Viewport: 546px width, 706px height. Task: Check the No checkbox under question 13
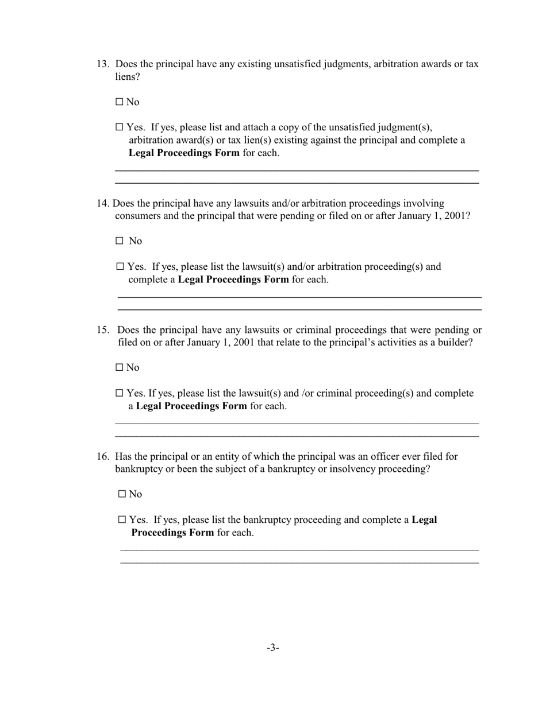pyautogui.click(x=120, y=102)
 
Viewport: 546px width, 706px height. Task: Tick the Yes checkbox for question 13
pyautogui.click(x=120, y=127)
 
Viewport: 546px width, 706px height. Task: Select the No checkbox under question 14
pyautogui.click(x=120, y=241)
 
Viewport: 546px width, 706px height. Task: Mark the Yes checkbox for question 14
pyautogui.click(x=120, y=267)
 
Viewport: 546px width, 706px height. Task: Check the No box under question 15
pyautogui.click(x=120, y=367)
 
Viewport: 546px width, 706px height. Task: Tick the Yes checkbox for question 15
pyautogui.click(x=120, y=394)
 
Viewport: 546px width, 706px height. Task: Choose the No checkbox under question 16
pyautogui.click(x=122, y=494)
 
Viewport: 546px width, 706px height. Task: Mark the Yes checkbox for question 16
pyautogui.click(x=122, y=520)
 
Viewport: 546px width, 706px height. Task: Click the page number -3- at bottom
pyautogui.click(x=273, y=648)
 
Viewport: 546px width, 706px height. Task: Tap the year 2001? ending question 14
pyautogui.click(x=459, y=216)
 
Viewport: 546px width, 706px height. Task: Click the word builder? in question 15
pyautogui.click(x=454, y=343)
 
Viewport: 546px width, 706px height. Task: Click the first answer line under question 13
pyautogui.click(x=297, y=170)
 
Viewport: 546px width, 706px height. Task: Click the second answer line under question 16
pyautogui.click(x=299, y=563)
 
